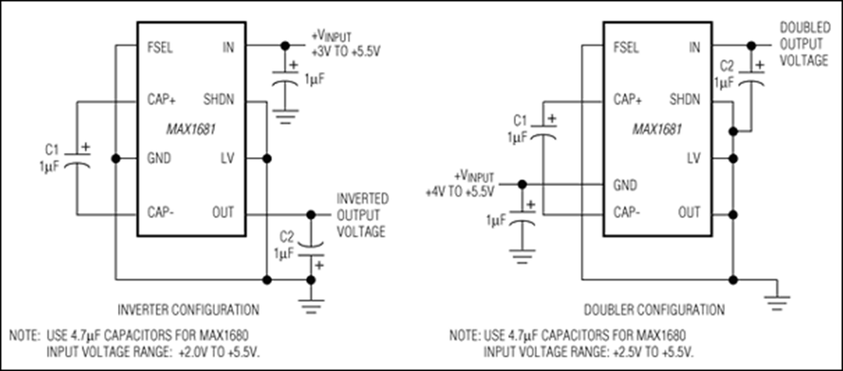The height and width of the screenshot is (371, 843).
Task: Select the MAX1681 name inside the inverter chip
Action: (192, 130)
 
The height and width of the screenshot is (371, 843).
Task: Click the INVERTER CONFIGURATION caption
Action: (189, 309)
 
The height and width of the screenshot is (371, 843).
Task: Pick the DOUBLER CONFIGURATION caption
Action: (654, 309)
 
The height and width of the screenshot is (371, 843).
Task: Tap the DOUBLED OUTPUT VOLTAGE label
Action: (804, 44)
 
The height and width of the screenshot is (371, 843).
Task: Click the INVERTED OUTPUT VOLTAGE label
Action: (362, 215)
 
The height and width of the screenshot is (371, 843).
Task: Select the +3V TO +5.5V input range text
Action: (341, 53)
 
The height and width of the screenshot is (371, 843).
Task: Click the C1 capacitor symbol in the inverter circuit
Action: (77, 159)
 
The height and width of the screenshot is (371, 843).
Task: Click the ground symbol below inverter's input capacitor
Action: (285, 116)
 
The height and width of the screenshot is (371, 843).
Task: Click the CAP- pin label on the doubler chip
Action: (627, 214)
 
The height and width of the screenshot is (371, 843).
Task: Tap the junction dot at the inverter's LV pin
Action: (266, 159)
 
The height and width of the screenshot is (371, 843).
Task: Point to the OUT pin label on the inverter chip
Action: (223, 213)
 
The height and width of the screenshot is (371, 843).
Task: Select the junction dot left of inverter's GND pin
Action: (115, 159)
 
